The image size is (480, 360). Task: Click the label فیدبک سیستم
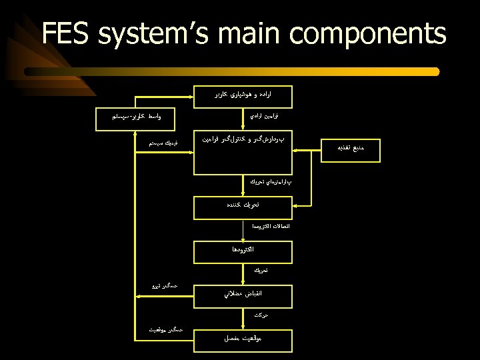(163, 143)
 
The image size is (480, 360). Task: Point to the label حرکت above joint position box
(261, 313)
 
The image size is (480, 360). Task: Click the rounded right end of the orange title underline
(436, 71)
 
